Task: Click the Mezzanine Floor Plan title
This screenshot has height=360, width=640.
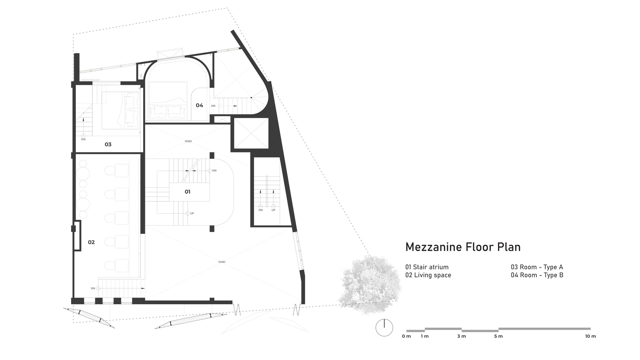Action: pos(463,247)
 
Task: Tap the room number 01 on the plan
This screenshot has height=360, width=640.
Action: pos(187,192)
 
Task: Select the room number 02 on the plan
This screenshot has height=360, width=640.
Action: pos(91,242)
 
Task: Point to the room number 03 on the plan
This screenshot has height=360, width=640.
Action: pos(108,144)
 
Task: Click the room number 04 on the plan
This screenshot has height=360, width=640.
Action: pos(199,106)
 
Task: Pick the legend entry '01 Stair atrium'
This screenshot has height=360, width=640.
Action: pos(427,267)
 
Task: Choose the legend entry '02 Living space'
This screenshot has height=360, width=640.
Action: pos(428,275)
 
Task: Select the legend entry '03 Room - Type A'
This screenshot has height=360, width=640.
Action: pos(537,267)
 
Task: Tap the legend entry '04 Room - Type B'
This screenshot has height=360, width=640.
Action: pos(537,275)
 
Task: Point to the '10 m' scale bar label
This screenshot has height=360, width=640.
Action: pos(590,336)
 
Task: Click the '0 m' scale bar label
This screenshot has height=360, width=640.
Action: pos(406,336)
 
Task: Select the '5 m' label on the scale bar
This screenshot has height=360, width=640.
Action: pos(498,336)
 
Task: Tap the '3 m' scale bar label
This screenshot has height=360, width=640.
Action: pos(462,336)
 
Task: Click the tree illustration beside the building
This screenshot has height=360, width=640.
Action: pos(370,285)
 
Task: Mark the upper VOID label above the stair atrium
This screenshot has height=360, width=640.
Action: pos(188,142)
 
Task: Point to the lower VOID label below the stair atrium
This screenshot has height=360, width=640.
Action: pos(222,262)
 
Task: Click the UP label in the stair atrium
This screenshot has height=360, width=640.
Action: pos(192,214)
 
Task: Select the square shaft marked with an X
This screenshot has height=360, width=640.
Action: pos(252,133)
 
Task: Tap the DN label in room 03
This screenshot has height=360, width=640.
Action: pos(83,140)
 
